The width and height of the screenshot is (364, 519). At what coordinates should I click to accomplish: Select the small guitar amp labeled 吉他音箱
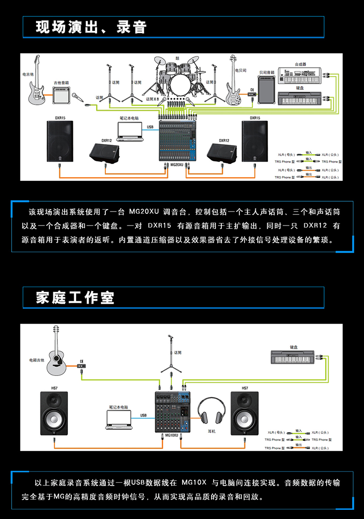pyautogui.click(x=61, y=95)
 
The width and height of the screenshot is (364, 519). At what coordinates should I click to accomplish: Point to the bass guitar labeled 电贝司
pyautogui.click(x=234, y=82)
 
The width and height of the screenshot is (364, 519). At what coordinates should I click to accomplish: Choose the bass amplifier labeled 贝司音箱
pyautogui.click(x=266, y=90)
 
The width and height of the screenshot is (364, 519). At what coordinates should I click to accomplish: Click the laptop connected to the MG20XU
pyautogui.click(x=131, y=131)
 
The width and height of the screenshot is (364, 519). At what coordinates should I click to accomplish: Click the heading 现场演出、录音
pyautogui.click(x=91, y=27)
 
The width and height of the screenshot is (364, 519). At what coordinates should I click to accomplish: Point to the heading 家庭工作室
pyautogui.click(x=75, y=297)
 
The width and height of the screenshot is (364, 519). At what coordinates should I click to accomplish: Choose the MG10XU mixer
pyautogui.click(x=173, y=412)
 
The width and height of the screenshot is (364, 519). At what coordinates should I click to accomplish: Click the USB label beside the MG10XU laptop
pyautogui.click(x=143, y=415)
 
